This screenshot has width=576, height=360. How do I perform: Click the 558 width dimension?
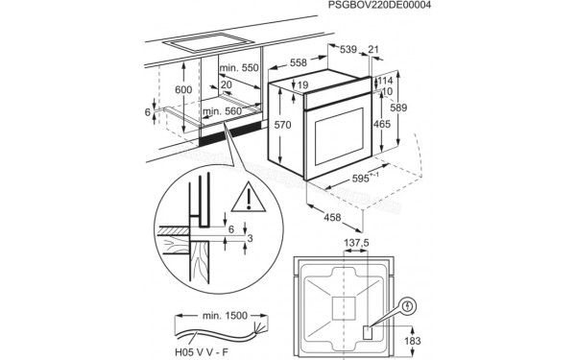coord(299,62)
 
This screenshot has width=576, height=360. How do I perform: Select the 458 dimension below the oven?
coord(331,218)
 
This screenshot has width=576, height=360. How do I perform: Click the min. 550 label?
coord(239,69)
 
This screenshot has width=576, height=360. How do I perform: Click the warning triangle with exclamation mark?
coord(251,199)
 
